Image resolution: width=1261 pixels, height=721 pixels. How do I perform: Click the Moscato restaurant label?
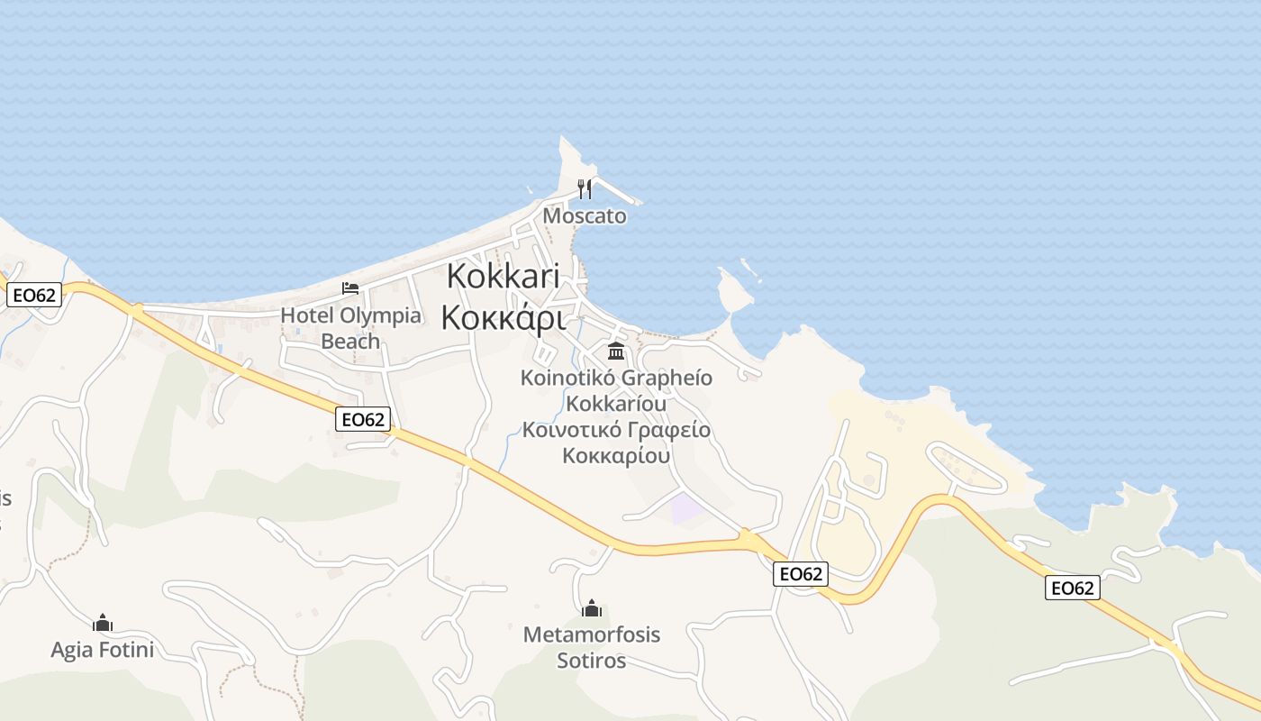(585, 216)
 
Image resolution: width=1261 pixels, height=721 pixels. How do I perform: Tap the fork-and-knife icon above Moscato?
(585, 188)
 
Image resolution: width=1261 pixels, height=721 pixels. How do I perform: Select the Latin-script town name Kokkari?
(503, 275)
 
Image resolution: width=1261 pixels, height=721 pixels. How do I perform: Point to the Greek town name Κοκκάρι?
(503, 317)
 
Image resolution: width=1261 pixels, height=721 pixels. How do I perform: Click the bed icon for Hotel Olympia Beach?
(350, 288)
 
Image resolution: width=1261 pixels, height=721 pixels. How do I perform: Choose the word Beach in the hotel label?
(350, 342)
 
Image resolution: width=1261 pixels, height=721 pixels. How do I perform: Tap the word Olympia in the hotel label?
(379, 315)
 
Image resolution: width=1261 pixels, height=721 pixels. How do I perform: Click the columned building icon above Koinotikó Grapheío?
(616, 351)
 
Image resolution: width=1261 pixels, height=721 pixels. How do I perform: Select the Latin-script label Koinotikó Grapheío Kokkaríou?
(616, 389)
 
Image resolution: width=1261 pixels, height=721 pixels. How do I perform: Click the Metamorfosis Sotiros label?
(592, 647)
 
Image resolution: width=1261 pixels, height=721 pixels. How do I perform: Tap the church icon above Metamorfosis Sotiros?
(592, 609)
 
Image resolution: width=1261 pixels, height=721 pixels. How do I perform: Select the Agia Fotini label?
(103, 649)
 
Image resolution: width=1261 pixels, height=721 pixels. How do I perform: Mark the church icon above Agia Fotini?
(103, 623)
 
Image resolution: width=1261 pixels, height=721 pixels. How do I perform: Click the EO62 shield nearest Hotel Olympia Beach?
(363, 419)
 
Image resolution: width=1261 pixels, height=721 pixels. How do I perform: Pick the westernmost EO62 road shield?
(34, 295)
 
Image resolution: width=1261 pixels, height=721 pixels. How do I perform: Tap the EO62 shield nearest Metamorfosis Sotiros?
(801, 574)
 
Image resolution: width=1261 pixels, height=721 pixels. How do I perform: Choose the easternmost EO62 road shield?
(1073, 589)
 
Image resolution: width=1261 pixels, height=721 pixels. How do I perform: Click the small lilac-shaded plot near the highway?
(687, 508)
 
